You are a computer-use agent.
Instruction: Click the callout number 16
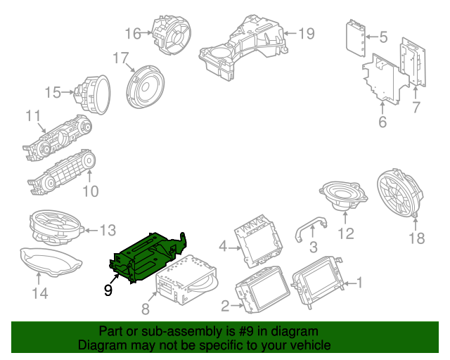134,33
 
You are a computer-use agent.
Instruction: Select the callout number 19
306,33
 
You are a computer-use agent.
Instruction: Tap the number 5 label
383,36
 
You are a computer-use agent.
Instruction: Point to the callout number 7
416,108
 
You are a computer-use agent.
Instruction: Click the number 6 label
382,122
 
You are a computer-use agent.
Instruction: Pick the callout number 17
121,58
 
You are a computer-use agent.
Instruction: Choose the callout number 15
53,92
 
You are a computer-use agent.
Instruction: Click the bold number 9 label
108,288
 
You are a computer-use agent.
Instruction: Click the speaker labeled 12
340,195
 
